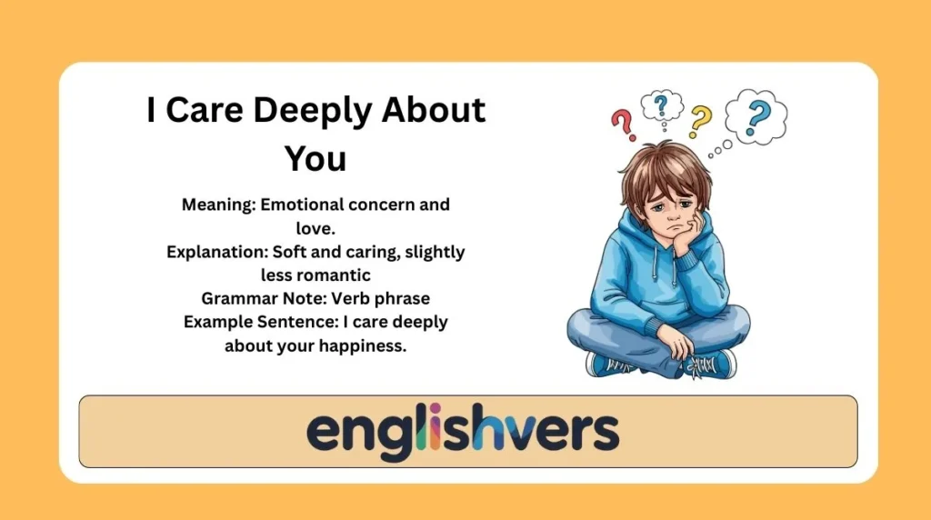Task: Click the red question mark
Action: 622,125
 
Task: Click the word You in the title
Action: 315,158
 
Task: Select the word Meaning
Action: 217,205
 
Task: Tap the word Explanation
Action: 215,252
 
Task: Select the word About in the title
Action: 434,110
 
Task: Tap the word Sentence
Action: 287,321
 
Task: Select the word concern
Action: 385,205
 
